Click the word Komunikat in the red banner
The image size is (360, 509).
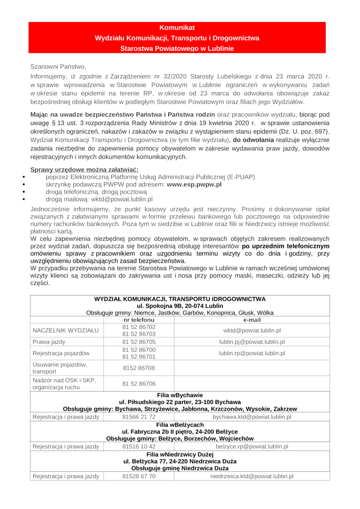[x=180, y=28]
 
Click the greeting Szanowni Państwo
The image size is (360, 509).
[x=58, y=67]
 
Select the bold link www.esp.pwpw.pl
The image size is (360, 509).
[x=194, y=184]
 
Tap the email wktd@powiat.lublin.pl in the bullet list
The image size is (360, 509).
[x=121, y=198]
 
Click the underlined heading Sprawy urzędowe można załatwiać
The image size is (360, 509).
[x=84, y=170]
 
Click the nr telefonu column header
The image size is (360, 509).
[x=139, y=320]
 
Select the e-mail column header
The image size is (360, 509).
[x=252, y=320]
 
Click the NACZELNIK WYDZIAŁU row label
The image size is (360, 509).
[x=65, y=330]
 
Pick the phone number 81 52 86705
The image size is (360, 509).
[x=139, y=342]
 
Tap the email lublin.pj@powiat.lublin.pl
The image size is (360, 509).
[x=252, y=342]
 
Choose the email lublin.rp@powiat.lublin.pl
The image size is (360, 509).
[x=252, y=353]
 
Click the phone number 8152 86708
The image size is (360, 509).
[x=139, y=368]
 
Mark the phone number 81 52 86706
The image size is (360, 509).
[x=139, y=383]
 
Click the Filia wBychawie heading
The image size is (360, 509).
[x=180, y=395]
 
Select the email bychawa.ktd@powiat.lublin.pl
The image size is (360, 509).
[x=252, y=417]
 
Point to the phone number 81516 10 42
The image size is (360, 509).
[x=139, y=446]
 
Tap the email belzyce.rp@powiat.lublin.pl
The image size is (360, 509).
[x=252, y=446]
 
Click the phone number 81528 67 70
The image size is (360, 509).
[x=139, y=476]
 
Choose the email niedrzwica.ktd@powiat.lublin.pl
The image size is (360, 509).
[x=252, y=476]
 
